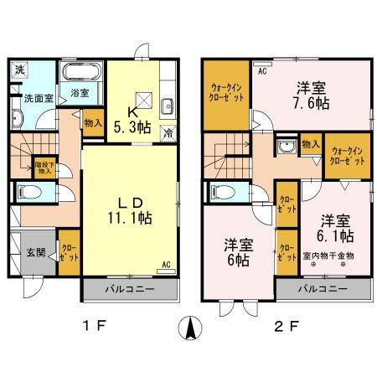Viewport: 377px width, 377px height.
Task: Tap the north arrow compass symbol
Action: (x=190, y=328)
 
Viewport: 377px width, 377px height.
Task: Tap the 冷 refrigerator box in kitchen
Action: (x=168, y=132)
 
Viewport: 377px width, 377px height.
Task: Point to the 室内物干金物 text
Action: (x=328, y=255)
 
